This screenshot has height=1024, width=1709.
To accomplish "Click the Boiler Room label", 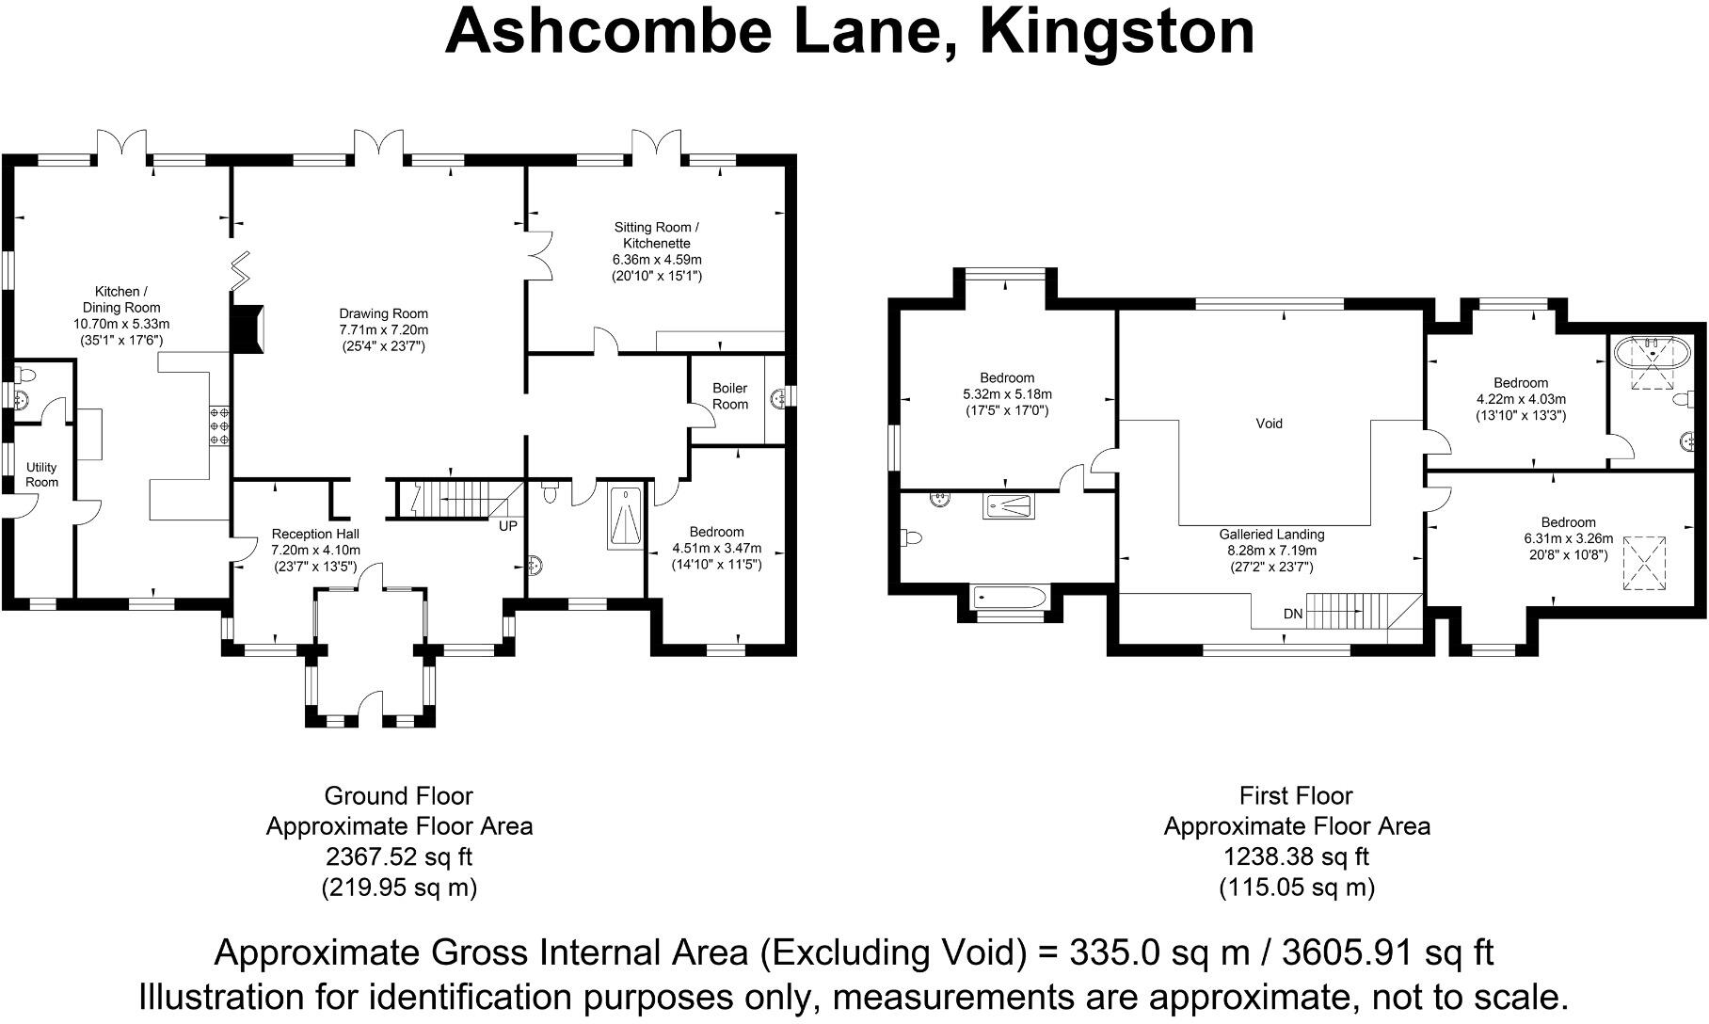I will pyautogui.click(x=730, y=395).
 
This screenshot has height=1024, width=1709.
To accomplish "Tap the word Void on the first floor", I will pyautogui.click(x=1269, y=424).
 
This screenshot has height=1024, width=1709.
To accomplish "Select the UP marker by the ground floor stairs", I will pyautogui.click(x=507, y=525).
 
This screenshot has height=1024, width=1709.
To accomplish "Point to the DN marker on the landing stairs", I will pyautogui.click(x=1293, y=614).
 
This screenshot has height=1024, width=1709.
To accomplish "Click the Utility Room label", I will pyautogui.click(x=41, y=474).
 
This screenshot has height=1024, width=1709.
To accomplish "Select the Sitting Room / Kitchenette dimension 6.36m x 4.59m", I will pyautogui.click(x=657, y=260).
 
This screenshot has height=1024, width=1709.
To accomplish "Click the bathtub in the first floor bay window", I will pyautogui.click(x=1009, y=597).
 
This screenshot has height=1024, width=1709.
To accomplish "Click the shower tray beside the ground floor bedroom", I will pyautogui.click(x=625, y=517).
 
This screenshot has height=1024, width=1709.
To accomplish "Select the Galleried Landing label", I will pyautogui.click(x=1271, y=535).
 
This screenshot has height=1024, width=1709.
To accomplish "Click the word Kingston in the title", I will pyautogui.click(x=1117, y=31).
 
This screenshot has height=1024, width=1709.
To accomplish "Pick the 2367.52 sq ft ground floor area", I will pyautogui.click(x=398, y=856).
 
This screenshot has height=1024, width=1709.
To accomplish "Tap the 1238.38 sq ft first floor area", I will pyautogui.click(x=1296, y=856).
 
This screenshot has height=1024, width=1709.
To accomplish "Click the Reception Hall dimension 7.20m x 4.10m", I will pyautogui.click(x=315, y=551).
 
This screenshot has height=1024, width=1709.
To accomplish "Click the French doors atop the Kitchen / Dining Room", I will pyautogui.click(x=122, y=144).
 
